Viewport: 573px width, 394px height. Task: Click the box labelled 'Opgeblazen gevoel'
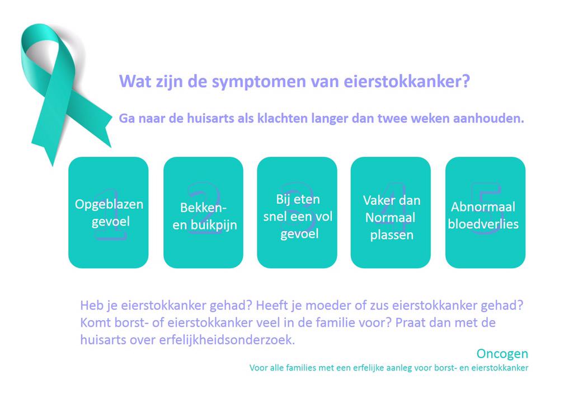click(x=109, y=212)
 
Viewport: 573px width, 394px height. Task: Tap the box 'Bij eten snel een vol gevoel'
click(x=297, y=212)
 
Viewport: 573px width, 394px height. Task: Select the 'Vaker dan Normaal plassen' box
click(x=391, y=212)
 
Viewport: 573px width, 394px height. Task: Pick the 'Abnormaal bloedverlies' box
click(x=485, y=212)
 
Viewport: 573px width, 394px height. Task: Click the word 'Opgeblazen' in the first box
click(x=109, y=204)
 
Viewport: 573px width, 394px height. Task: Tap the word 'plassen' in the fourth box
click(x=392, y=234)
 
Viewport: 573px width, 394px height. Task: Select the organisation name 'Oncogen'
click(x=502, y=354)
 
